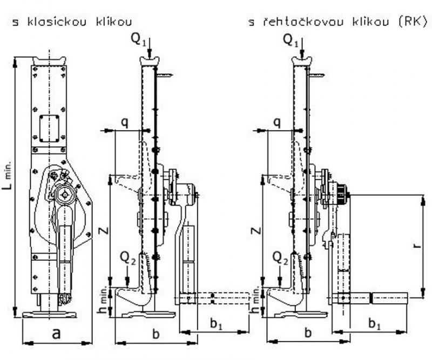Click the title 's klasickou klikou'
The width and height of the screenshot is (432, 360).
tap(71, 22)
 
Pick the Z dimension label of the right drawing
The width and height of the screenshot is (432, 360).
tap(255, 230)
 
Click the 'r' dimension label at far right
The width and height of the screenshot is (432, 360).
tap(415, 246)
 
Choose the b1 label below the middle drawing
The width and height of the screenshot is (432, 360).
tap(215, 324)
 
